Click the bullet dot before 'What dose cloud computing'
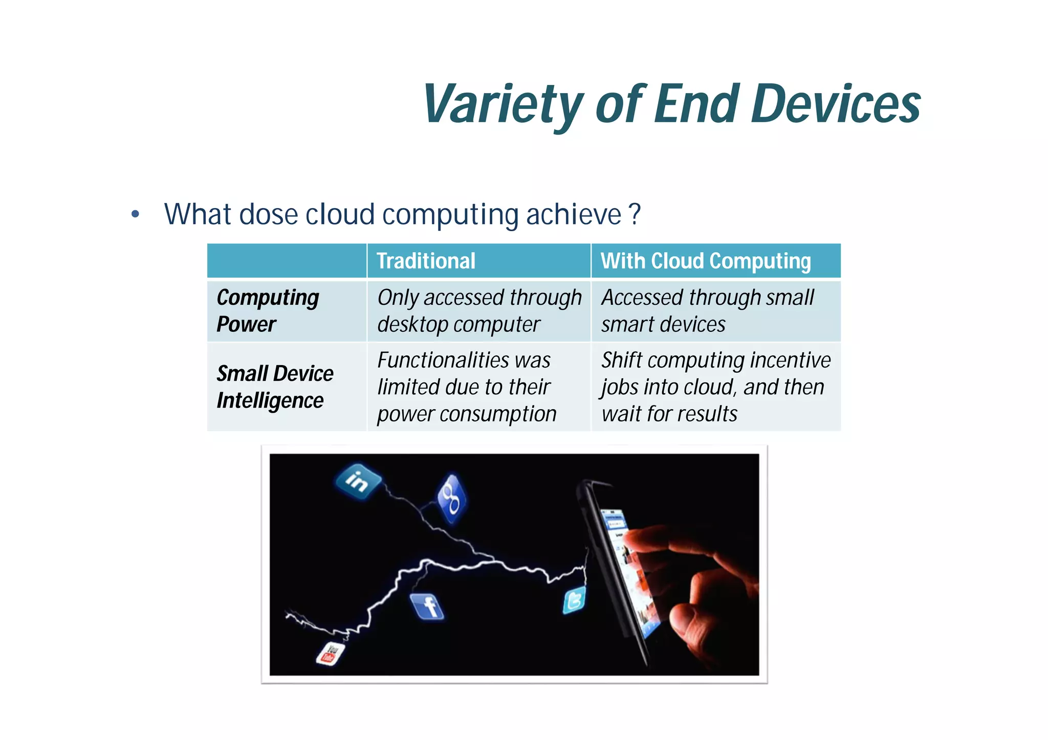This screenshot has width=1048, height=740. click(x=135, y=214)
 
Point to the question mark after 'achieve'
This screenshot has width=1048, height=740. click(x=635, y=214)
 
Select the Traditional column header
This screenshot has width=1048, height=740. click(x=426, y=261)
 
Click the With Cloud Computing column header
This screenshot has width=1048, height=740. click(x=706, y=261)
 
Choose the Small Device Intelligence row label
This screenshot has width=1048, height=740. click(x=275, y=387)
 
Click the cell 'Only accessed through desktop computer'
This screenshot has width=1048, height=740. click(x=479, y=310)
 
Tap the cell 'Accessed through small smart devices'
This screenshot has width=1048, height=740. click(x=707, y=310)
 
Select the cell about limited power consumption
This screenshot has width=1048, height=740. click(x=467, y=387)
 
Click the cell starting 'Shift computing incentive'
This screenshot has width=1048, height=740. click(x=715, y=387)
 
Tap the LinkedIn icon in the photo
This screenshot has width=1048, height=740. click(x=358, y=481)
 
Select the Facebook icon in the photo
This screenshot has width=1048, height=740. click(x=428, y=607)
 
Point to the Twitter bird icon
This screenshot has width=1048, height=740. click(x=574, y=600)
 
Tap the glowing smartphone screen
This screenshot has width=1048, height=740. click(x=627, y=568)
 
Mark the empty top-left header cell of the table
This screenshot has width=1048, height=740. click(x=287, y=261)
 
